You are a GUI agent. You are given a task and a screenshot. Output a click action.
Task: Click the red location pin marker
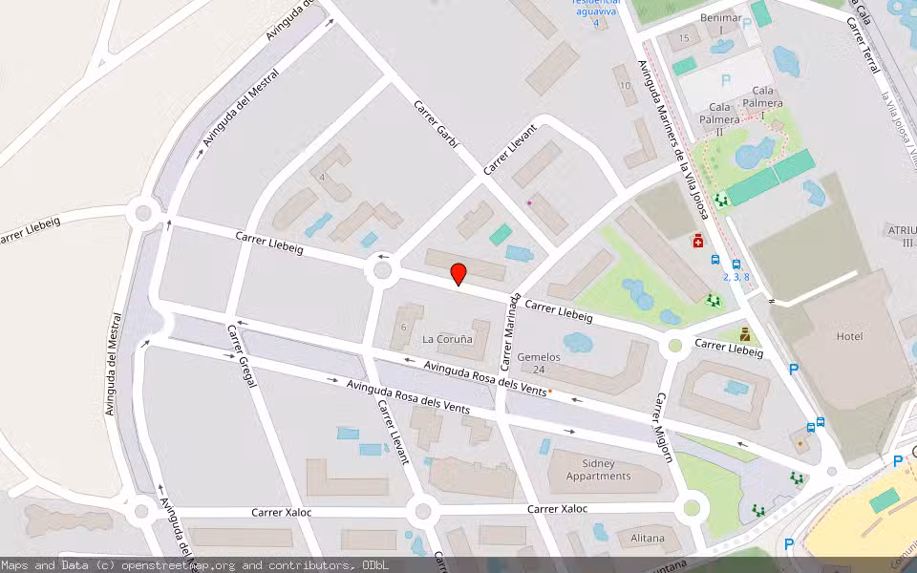click(458, 274)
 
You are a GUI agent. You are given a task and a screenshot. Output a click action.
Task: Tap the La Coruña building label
click(447, 339)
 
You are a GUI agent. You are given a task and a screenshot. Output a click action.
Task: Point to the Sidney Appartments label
click(598, 470)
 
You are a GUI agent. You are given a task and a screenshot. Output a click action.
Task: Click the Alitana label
click(648, 538)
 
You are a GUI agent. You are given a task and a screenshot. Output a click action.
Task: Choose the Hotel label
click(849, 336)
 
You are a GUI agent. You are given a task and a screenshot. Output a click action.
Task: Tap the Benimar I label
click(721, 24)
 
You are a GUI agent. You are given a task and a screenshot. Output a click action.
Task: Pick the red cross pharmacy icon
click(698, 242)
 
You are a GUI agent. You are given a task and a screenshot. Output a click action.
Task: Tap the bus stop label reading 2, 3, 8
click(736, 277)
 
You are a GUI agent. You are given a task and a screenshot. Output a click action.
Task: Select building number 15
click(683, 37)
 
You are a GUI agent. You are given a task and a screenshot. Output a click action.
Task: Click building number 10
click(625, 86)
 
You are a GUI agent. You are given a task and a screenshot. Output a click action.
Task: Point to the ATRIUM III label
click(901, 236)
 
